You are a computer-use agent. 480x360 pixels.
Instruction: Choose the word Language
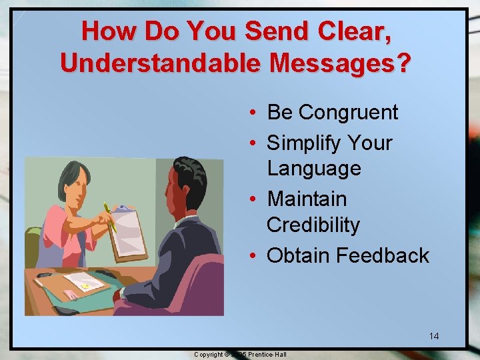(313, 169)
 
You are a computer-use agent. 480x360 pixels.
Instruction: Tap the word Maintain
(307, 199)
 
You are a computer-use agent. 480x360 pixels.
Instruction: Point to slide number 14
(433, 336)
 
